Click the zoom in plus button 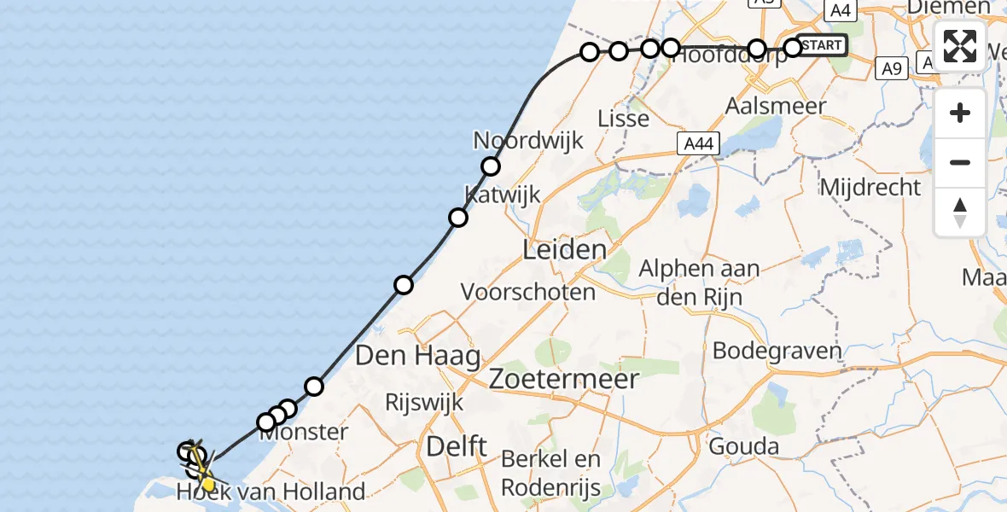pos(960,113)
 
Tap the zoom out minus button pos(960,163)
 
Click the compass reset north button pos(960,212)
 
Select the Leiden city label pos(563,251)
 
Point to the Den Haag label pos(417,355)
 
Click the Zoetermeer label pos(564,378)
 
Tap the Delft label pos(457,445)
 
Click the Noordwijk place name pos(528,140)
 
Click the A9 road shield pos(892,68)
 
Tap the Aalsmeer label pos(775,107)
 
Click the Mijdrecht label pos(870,187)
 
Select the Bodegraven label pos(777,351)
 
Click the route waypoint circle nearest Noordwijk pos(490,166)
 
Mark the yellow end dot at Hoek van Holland pos(207,484)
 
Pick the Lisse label pos(623,119)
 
